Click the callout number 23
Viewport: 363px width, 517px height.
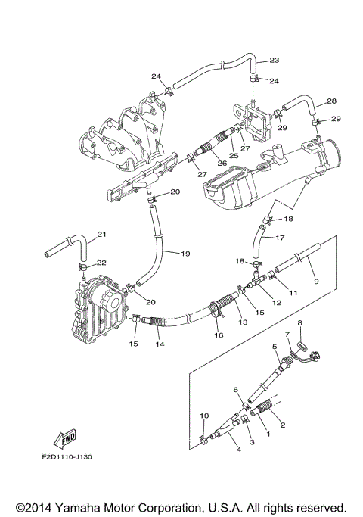[274, 60]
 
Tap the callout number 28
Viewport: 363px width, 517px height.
[330, 101]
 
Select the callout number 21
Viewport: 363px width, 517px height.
[102, 234]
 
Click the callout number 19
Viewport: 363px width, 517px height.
[185, 253]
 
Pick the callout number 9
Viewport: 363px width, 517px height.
[316, 281]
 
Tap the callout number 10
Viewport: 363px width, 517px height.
[203, 416]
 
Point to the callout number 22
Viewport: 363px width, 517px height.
[101, 263]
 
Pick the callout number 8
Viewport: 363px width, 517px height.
[299, 322]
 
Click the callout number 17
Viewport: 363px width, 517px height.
[279, 238]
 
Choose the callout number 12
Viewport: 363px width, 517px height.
[277, 303]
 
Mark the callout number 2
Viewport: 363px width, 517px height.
[282, 425]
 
